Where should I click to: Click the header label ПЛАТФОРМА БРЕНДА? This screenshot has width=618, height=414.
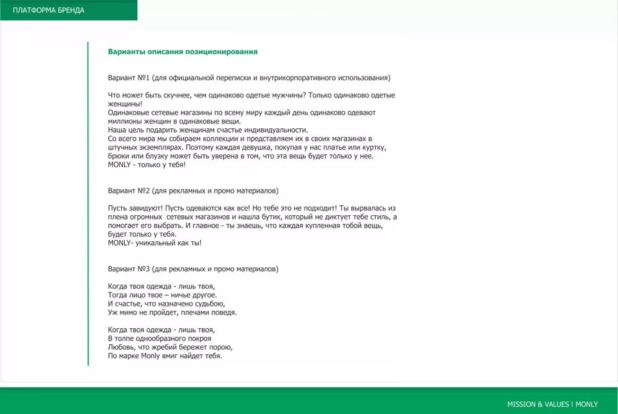pyautogui.click(x=49, y=10)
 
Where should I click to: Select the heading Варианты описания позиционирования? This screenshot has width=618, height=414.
pyautogui.click(x=182, y=52)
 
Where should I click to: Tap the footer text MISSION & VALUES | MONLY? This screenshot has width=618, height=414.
pyautogui.click(x=552, y=404)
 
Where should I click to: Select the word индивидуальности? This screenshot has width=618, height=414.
pyautogui.click(x=277, y=130)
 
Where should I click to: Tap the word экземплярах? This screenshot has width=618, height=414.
pyautogui.click(x=161, y=147)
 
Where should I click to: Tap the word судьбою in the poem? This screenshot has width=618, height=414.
pyautogui.click(x=208, y=304)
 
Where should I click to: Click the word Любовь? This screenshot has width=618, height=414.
pyautogui.click(x=121, y=347)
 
